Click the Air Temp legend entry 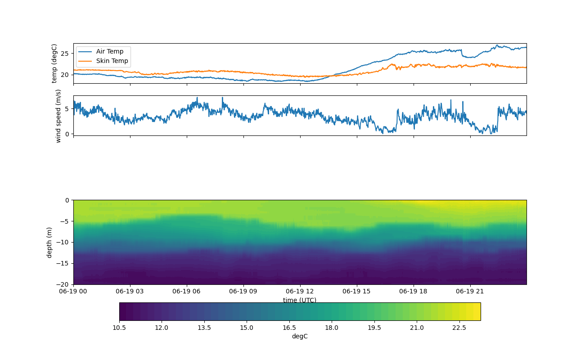pyautogui.click(x=109, y=51)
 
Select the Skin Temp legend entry pyautogui.click(x=112, y=61)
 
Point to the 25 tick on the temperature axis pyautogui.click(x=66, y=54)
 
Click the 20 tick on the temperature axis pyautogui.click(x=66, y=75)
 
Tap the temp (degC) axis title pyautogui.click(x=54, y=63)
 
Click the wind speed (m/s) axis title pyautogui.click(x=58, y=116)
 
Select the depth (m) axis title pyautogui.click(x=49, y=242)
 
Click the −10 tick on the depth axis pyautogui.click(x=63, y=242)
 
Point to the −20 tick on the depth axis pyautogui.click(x=63, y=284)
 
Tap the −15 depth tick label pyautogui.click(x=63, y=263)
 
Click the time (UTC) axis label pyautogui.click(x=300, y=300)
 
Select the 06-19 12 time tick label pyautogui.click(x=300, y=291)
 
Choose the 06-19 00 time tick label pyautogui.click(x=74, y=291)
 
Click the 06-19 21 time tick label pyautogui.click(x=470, y=291)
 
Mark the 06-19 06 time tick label pyautogui.click(x=187, y=291)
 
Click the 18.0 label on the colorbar pyautogui.click(x=332, y=328)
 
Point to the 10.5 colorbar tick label pyautogui.click(x=119, y=328)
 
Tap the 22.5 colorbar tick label pyautogui.click(x=459, y=328)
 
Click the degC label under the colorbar pyautogui.click(x=300, y=336)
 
